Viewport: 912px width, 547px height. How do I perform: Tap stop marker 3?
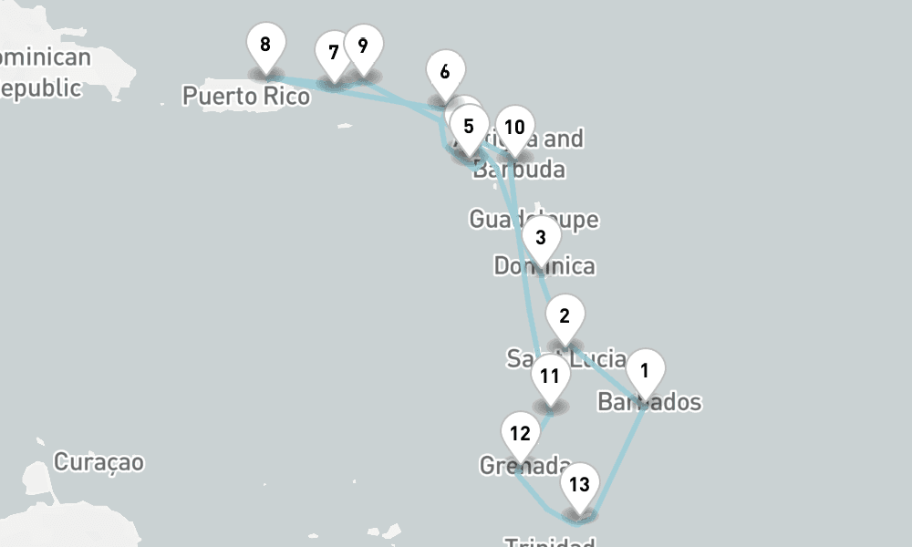coord(541,238)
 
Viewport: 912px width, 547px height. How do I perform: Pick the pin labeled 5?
coord(469,127)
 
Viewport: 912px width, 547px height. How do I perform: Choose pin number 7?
coord(333,52)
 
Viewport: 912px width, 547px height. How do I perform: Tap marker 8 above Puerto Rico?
coord(265,45)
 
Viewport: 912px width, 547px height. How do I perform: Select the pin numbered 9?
coord(363,46)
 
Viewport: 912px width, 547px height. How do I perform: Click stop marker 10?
coord(514,128)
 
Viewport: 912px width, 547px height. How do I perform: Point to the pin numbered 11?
coord(549,376)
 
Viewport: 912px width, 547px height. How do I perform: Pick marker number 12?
coord(521,433)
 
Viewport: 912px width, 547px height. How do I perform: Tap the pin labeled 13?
coord(579,484)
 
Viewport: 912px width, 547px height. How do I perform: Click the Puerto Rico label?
coord(246,96)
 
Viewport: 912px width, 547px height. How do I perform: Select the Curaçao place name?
coord(98,462)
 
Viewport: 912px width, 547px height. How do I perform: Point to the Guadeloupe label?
coord(534,219)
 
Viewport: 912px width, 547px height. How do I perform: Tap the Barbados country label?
coord(650,402)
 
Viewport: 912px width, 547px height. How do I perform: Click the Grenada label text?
coord(525,466)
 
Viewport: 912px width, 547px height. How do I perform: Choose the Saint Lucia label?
coord(565,359)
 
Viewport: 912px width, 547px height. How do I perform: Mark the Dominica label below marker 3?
coord(544,266)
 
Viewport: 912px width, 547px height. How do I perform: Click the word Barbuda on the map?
coord(519,170)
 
